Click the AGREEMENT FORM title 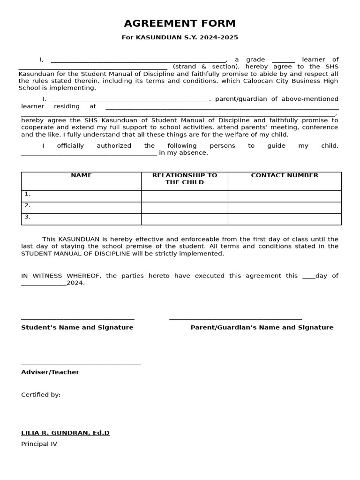click(x=180, y=23)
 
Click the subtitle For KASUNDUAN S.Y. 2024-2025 click(x=180, y=37)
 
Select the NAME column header click(x=81, y=175)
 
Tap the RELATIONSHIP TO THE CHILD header click(x=185, y=179)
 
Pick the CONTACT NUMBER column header click(x=285, y=175)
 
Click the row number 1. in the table click(x=28, y=194)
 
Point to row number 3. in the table click(x=28, y=217)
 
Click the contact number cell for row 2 click(x=285, y=208)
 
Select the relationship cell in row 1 click(x=185, y=196)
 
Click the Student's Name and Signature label click(x=77, y=327)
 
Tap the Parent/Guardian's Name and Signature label click(x=262, y=327)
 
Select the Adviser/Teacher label click(x=50, y=372)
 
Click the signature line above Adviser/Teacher click(x=81, y=363)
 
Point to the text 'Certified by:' click(x=41, y=395)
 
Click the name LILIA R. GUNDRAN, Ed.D click(x=65, y=433)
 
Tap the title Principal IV click(x=39, y=444)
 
